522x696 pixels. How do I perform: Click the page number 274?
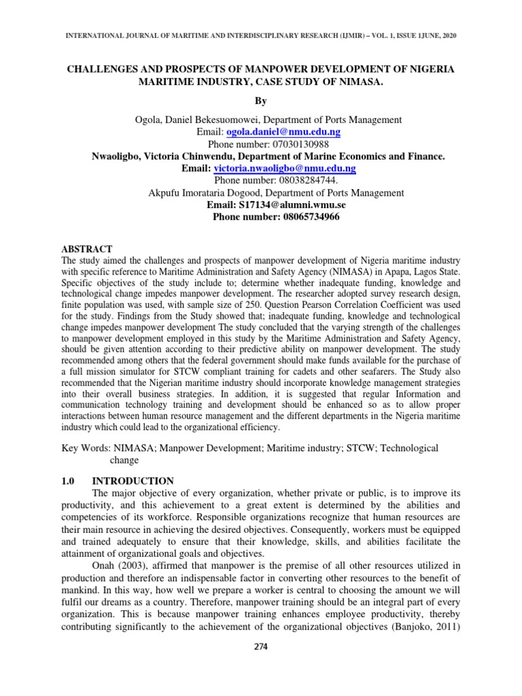tap(261, 646)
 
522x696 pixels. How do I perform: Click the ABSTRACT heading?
tap(87, 249)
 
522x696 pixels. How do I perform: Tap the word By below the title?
tap(261, 101)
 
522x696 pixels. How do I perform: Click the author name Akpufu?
tap(167, 193)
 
